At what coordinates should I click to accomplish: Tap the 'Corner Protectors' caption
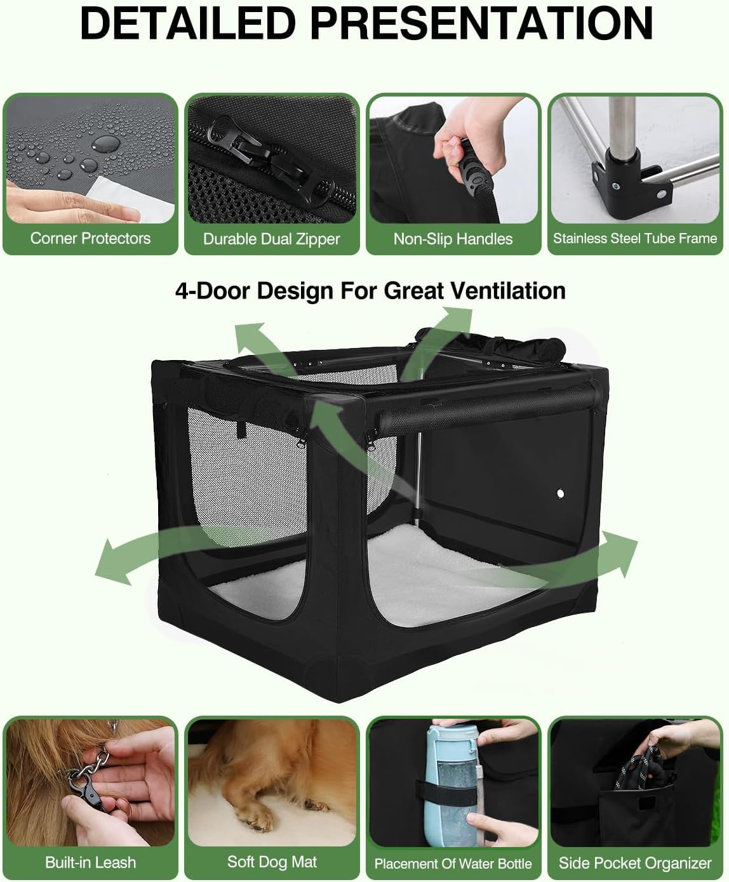click(x=90, y=239)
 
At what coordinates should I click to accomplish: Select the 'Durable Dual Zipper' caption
click(x=271, y=239)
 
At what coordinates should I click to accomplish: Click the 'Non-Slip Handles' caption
click(x=453, y=239)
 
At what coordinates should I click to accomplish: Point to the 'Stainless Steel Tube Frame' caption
click(x=634, y=239)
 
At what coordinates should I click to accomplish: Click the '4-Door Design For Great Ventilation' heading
click(x=370, y=291)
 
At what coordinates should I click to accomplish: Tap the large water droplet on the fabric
click(x=105, y=143)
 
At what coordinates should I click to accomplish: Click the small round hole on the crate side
click(x=561, y=493)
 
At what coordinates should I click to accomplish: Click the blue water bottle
click(x=451, y=781)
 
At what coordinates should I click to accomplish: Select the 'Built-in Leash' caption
click(x=90, y=862)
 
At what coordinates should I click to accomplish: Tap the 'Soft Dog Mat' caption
click(x=272, y=862)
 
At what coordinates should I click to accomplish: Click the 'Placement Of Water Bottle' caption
click(x=453, y=864)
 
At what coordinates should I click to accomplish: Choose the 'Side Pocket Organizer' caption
click(x=634, y=863)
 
